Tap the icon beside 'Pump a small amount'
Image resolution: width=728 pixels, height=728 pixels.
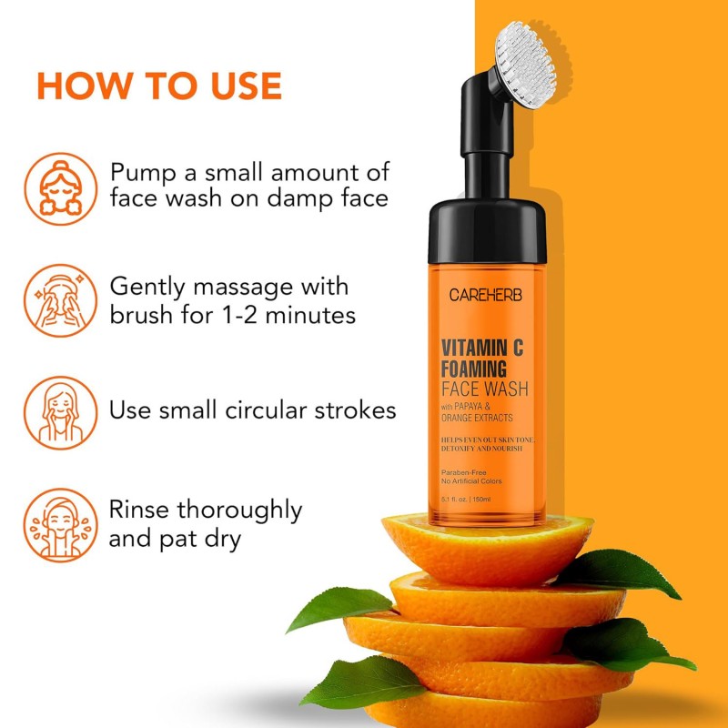pos(60,187)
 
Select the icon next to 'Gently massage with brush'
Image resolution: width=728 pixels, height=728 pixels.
pos(60,299)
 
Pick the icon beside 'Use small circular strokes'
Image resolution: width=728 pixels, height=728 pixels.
pos(60,410)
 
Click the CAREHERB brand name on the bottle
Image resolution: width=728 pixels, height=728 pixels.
pos(486,295)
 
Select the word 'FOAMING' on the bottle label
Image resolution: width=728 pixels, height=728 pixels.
pos(474,369)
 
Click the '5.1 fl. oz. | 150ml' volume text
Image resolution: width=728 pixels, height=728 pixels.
pos(467,500)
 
